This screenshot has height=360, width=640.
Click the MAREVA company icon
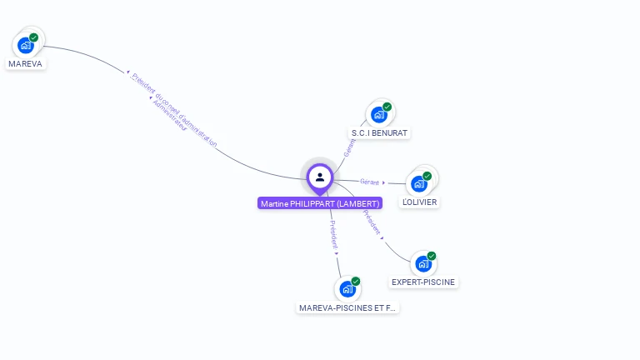pos(25,45)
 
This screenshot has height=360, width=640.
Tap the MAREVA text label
pos(25,63)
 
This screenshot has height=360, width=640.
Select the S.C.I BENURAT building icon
pos(379,114)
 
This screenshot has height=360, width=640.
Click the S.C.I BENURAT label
pos(380,133)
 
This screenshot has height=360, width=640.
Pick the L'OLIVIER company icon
pos(419,183)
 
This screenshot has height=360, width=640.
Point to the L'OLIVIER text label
pos(419,202)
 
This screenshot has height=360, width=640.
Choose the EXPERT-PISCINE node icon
pos(423,263)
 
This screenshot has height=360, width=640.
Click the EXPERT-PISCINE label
pos(423,282)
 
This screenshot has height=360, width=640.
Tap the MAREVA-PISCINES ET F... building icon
pos(347,289)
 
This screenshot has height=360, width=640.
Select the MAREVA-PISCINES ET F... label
pos(348,307)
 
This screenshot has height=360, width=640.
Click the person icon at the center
pos(320,177)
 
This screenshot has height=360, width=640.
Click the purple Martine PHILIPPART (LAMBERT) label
pos(320,203)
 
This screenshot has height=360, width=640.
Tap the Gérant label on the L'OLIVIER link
pos(369,182)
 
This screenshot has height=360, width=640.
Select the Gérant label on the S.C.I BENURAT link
pos(350,147)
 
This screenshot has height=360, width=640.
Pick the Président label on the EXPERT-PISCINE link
pos(372,222)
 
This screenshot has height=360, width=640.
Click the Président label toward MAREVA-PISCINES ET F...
pos(333,234)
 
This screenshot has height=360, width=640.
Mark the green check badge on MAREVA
pos(34,37)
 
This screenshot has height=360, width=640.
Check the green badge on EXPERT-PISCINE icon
pos(432,256)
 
